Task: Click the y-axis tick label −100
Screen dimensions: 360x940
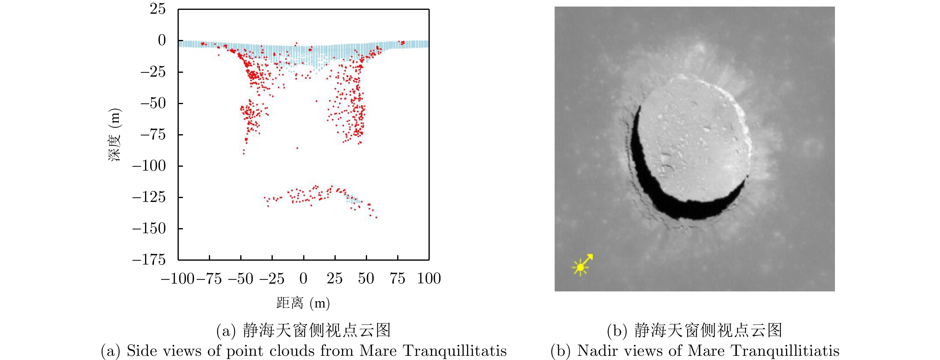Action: pyautogui.click(x=149, y=166)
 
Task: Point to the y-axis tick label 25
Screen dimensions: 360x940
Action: pyautogui.click(x=158, y=9)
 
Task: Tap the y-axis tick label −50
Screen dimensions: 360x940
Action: pyautogui.click(x=153, y=103)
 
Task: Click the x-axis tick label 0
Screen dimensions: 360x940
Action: pyautogui.click(x=303, y=279)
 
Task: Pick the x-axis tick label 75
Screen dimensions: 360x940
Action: pyautogui.click(x=397, y=279)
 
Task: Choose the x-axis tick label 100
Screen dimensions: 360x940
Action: pyautogui.click(x=429, y=279)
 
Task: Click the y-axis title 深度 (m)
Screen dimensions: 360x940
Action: pyautogui.click(x=115, y=135)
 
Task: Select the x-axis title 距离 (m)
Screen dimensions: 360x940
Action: pyautogui.click(x=303, y=303)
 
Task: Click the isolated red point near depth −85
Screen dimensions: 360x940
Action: pyautogui.click(x=297, y=148)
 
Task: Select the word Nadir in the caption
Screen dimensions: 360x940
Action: pyautogui.click(x=597, y=351)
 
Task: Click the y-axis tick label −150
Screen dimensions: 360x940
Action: pyautogui.click(x=149, y=229)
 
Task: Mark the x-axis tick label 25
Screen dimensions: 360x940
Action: pyautogui.click(x=335, y=279)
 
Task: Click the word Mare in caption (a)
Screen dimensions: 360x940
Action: pyautogui.click(x=378, y=351)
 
